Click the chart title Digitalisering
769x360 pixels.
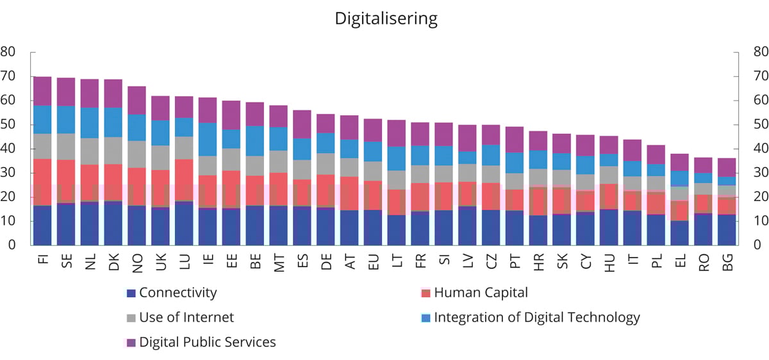tap(386, 19)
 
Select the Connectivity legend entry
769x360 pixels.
tap(178, 293)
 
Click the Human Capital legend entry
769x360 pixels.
tap(481, 293)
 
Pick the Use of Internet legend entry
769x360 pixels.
tap(186, 317)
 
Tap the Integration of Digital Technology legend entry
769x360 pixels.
tap(536, 317)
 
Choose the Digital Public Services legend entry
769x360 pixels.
tap(207, 342)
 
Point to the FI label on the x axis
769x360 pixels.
tap(43, 262)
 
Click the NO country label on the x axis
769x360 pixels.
tap(137, 262)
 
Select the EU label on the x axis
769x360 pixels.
tap(373, 262)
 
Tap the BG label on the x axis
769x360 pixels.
tap(727, 262)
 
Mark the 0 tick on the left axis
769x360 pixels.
tap(12, 245)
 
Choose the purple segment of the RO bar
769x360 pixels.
tap(703, 165)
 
